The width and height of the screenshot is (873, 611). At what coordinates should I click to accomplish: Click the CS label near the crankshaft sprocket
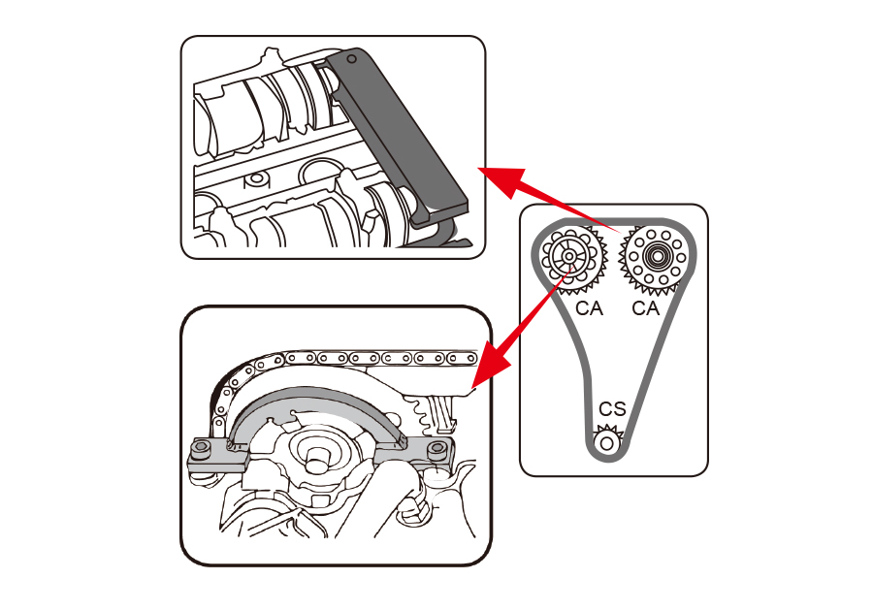(x=612, y=409)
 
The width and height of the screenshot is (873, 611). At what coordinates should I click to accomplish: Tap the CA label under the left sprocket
(x=589, y=308)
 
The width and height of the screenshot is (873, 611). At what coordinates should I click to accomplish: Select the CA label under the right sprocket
(x=646, y=308)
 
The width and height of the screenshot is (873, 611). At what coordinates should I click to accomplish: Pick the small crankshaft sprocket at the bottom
(x=608, y=442)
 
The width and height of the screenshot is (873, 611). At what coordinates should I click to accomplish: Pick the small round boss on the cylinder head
(x=256, y=178)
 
